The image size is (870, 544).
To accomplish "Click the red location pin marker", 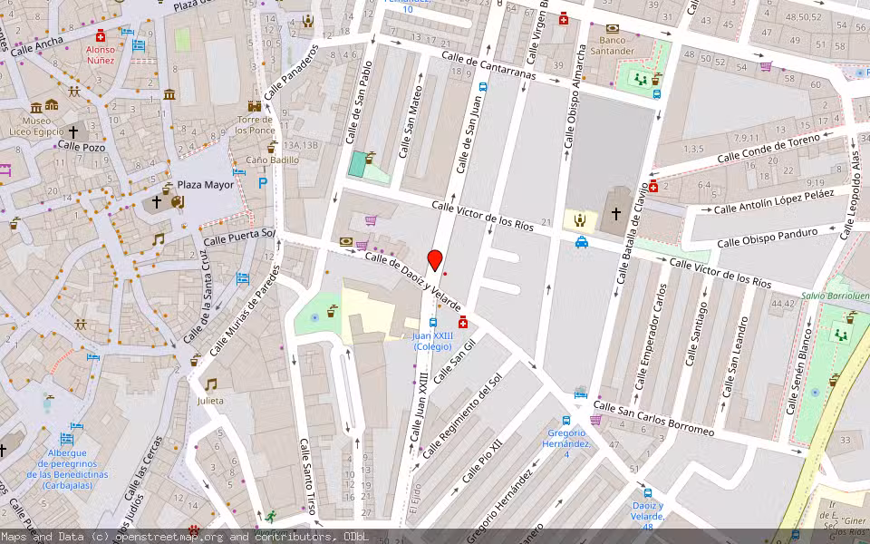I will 435,260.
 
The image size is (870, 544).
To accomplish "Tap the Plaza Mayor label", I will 206,184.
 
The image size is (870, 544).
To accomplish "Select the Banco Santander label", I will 614,45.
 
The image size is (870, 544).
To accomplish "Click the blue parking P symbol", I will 264,182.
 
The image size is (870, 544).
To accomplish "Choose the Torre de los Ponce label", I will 256,124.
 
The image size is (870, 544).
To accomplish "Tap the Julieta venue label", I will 210,400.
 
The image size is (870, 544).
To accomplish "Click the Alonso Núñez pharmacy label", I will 100,55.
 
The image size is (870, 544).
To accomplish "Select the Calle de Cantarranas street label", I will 488,66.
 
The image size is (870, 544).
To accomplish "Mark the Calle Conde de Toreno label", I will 768,150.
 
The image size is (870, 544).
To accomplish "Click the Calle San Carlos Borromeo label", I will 652,419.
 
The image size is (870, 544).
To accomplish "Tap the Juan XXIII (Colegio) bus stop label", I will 432,341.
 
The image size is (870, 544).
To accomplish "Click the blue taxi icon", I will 581,242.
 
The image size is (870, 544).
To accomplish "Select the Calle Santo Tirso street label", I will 307,476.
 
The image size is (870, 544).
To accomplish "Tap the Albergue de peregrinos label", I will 67,469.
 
